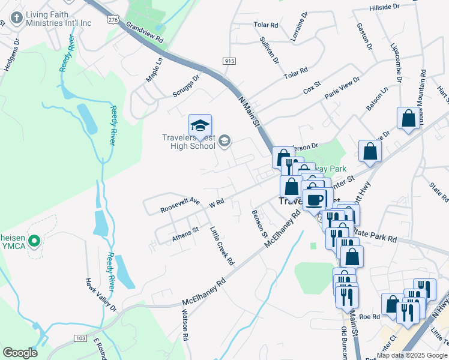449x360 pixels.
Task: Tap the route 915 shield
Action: [228, 61]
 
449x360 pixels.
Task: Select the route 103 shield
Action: [80, 339]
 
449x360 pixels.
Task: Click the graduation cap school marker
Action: [200, 126]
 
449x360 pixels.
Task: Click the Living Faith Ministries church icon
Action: [16, 17]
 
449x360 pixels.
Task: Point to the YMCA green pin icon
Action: [34, 242]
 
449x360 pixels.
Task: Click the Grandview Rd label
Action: [145, 32]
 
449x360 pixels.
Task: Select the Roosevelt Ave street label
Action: [180, 206]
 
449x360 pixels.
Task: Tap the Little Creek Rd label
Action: [221, 246]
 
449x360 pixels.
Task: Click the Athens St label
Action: [185, 234]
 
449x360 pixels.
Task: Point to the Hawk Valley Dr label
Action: [100, 295]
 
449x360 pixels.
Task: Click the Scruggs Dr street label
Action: [186, 88]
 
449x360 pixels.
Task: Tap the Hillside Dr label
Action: [384, 7]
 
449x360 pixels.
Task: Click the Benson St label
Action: [259, 224]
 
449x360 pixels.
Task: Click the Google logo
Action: [20, 353]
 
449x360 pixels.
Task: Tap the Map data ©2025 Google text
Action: [412, 355]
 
